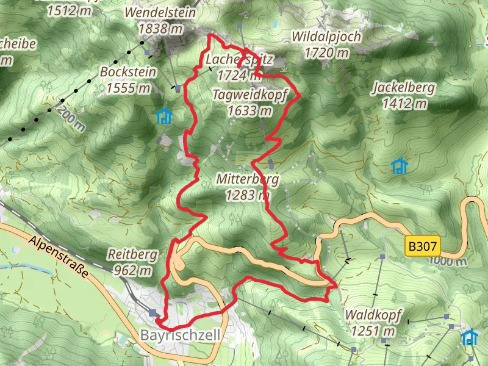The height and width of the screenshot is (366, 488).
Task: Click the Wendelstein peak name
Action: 160,13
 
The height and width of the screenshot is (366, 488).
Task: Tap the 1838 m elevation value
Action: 160,28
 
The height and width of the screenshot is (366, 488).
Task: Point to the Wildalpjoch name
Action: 326,37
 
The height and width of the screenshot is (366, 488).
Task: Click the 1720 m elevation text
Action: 326,52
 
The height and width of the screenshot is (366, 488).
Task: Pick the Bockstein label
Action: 128,72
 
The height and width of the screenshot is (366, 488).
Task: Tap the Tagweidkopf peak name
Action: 250,95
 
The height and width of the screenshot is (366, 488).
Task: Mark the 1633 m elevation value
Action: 249,110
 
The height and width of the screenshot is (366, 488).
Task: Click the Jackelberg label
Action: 403,88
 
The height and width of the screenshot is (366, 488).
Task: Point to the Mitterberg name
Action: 247,179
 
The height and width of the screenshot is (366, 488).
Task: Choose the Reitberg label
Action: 132,254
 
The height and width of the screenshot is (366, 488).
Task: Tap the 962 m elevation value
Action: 132,269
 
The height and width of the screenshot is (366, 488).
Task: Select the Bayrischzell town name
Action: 179,335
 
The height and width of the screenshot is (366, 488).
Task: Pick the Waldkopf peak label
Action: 373,315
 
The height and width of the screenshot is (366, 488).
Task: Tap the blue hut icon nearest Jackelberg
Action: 399,166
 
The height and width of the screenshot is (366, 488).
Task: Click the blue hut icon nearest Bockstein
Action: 163,116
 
